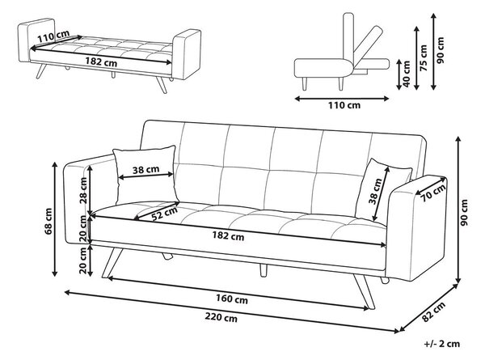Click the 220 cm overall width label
[221, 317]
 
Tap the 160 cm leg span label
[232, 299]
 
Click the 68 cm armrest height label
[48, 221]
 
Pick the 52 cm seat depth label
[165, 214]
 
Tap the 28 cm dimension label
[83, 190]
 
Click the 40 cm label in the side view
[407, 74]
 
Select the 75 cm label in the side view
[424, 58]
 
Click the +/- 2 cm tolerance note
[442, 344]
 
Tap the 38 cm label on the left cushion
[145, 169]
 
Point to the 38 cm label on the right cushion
[376, 191]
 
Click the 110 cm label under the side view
[344, 105]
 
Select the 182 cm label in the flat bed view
[101, 61]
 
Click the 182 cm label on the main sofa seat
[228, 236]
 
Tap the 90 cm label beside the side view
[440, 50]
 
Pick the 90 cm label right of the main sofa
[464, 212]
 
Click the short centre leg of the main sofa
[264, 270]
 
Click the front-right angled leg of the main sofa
[365, 292]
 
